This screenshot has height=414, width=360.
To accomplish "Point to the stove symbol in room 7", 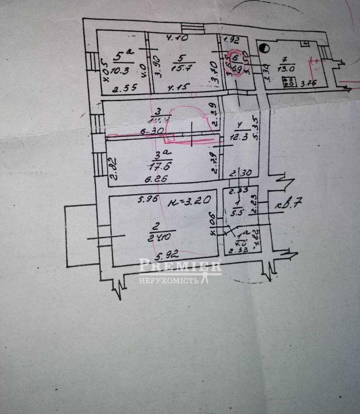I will (288, 81).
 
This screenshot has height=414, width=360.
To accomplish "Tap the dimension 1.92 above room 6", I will (231, 39).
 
